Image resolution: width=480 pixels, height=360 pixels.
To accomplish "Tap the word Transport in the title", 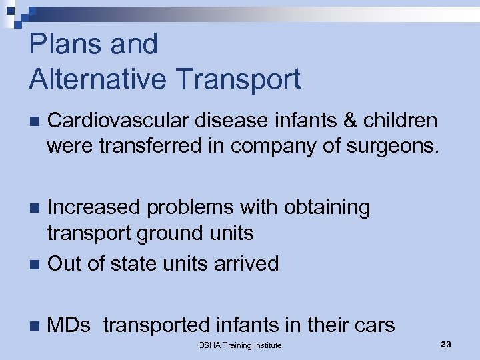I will point(240,79).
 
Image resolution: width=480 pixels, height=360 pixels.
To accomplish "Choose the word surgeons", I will point(394,145).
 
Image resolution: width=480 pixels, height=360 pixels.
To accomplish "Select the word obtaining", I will point(327,207).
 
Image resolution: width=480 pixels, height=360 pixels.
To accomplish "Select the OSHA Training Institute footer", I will point(240,345).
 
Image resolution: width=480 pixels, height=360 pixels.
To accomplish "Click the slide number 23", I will point(446,344).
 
